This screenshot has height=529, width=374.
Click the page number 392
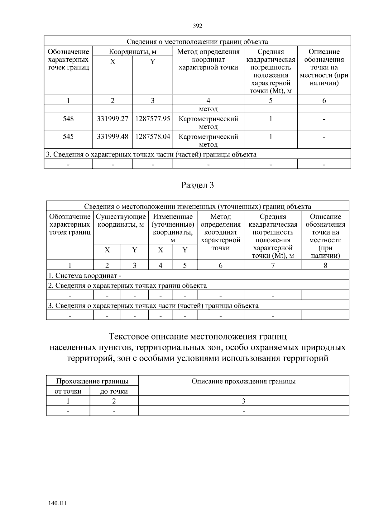[198, 26]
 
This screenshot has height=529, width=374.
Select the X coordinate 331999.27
[113, 119]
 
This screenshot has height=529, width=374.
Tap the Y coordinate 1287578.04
[153, 137]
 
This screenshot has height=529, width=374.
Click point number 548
[68, 119]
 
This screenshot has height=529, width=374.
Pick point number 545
[68, 137]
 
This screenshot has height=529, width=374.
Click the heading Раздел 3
[198, 185]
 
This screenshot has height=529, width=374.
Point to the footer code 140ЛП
[57, 503]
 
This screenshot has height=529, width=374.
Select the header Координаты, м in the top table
[132, 52]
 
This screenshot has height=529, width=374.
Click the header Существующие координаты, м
[121, 220]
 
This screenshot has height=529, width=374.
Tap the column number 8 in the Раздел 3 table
[325, 265]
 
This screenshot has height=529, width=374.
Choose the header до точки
[114, 392]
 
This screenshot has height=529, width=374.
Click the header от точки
[68, 392]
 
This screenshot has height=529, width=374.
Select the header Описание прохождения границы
[243, 381]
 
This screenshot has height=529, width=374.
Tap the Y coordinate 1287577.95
[153, 119]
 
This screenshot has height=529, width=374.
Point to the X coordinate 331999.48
[113, 137]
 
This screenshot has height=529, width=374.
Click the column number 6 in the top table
[324, 100]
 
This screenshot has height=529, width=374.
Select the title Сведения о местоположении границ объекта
[197, 42]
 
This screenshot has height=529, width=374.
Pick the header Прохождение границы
[92, 381]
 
